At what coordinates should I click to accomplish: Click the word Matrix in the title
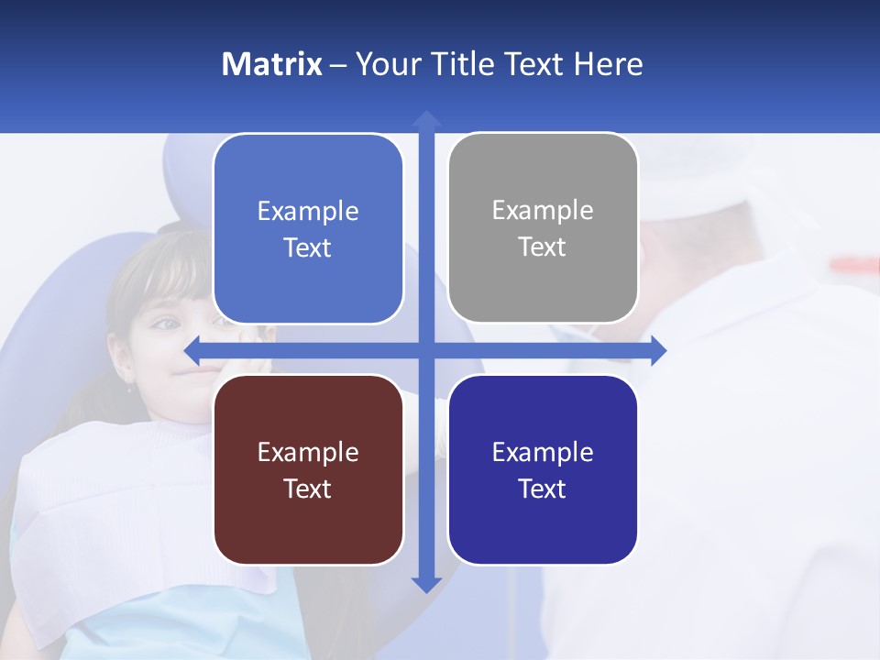pyautogui.click(x=271, y=64)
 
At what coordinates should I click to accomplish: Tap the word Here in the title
pyautogui.click(x=608, y=64)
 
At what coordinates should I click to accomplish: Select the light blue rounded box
pyautogui.click(x=308, y=229)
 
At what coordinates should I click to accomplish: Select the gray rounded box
pyautogui.click(x=543, y=228)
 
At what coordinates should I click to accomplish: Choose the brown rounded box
pyautogui.click(x=308, y=469)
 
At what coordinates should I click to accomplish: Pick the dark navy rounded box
pyautogui.click(x=543, y=469)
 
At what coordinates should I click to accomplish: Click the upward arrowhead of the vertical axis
pyautogui.click(x=425, y=119)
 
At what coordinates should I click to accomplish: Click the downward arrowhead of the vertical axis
pyautogui.click(x=425, y=584)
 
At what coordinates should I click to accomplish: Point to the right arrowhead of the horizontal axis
pyautogui.click(x=658, y=350)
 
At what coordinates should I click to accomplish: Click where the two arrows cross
pyautogui.click(x=425, y=350)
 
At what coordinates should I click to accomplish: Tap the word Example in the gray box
pyautogui.click(x=543, y=210)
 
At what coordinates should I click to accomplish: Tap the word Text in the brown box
pyautogui.click(x=307, y=489)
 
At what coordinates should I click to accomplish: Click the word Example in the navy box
pyautogui.click(x=543, y=452)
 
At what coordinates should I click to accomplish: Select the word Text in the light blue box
pyautogui.click(x=307, y=247)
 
